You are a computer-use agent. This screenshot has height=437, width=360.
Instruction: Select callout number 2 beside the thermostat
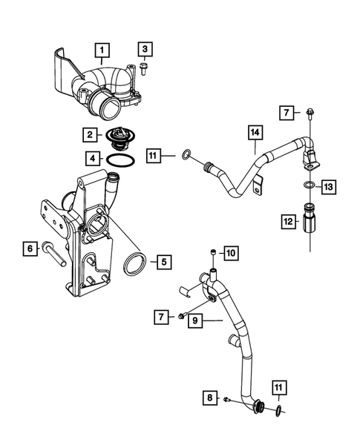(90, 135)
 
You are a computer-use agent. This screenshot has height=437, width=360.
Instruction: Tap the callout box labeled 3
(145, 50)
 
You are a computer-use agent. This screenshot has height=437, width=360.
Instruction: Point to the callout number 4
(90, 158)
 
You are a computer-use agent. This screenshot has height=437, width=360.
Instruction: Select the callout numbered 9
(194, 321)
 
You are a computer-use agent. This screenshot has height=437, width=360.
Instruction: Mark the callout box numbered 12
(287, 220)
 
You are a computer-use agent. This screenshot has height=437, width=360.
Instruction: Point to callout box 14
(255, 134)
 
